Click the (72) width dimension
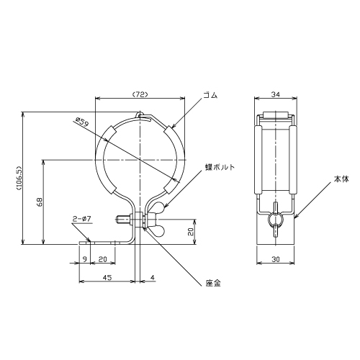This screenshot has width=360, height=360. (140, 95)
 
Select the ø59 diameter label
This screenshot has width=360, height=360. (82, 122)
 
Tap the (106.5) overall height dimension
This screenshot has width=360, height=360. (19, 178)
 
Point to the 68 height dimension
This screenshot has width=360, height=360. (40, 202)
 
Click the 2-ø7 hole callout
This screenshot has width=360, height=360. (81, 220)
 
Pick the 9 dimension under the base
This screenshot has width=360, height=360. (84, 259)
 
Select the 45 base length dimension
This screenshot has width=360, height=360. (107, 277)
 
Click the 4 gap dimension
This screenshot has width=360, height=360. (153, 277)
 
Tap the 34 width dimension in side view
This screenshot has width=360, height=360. (276, 94)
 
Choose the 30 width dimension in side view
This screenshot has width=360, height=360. (276, 259)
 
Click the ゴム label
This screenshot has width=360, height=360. (210, 95)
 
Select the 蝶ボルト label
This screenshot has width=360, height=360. (220, 167)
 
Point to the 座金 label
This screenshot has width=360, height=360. (213, 284)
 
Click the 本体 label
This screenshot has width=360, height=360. (341, 179)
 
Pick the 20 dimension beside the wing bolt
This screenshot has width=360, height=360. (190, 232)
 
